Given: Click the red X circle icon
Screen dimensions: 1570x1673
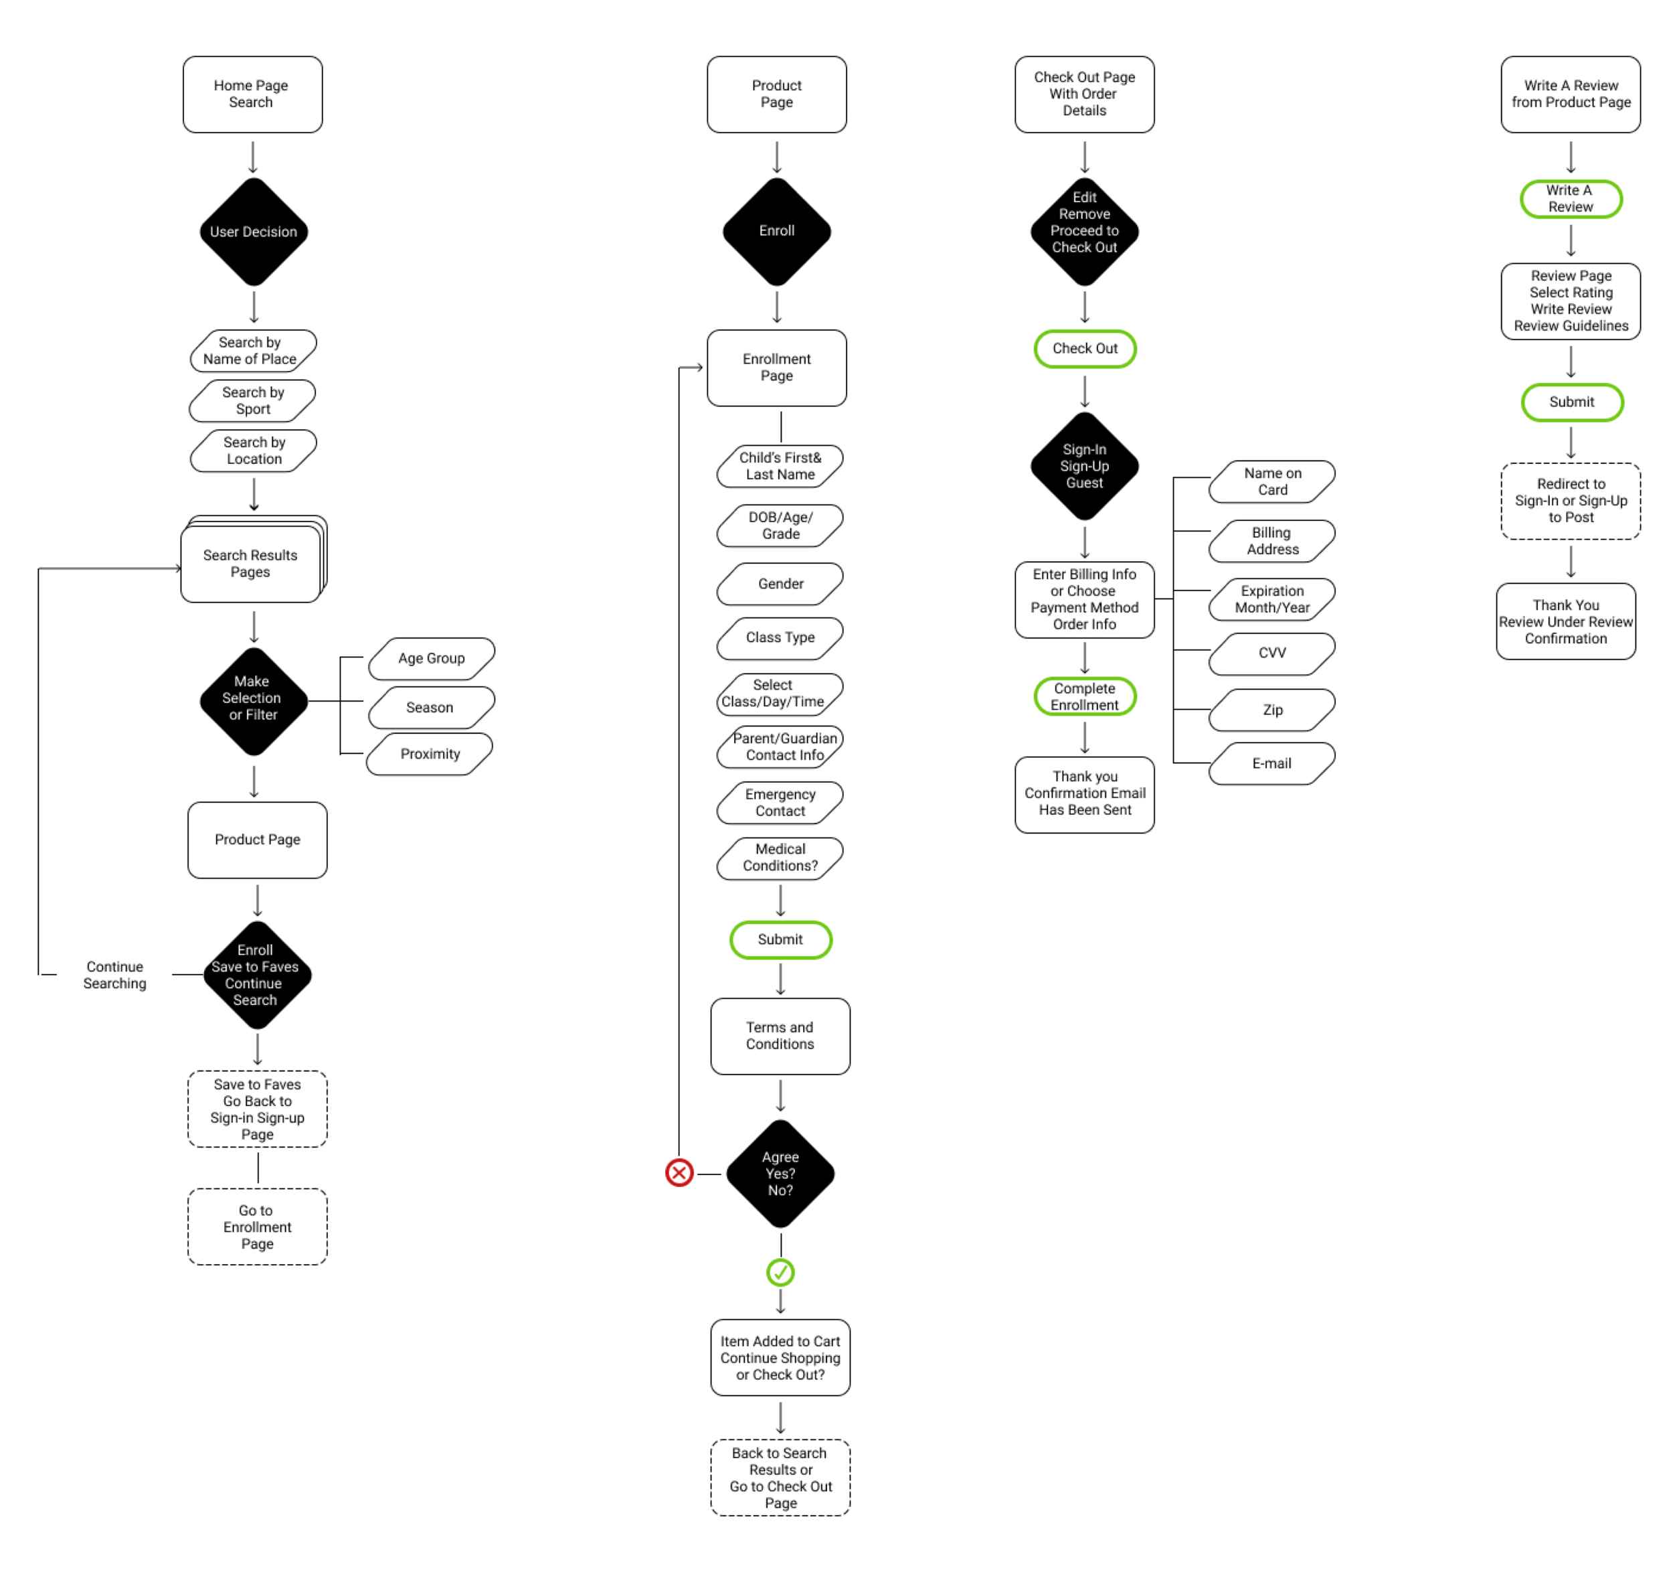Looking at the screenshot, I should [679, 1173].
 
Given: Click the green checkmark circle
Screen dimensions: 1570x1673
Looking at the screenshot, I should [780, 1272].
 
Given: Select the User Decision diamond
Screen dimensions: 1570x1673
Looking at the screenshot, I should [254, 232].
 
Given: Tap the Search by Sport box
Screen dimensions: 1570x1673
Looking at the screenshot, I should [252, 401].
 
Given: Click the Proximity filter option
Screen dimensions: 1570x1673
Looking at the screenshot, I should [430, 753].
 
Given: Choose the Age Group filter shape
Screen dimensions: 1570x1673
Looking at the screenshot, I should [431, 658].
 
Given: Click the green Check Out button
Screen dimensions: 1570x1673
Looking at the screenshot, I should [1085, 349].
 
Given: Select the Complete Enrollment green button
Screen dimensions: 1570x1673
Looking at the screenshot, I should [1085, 696].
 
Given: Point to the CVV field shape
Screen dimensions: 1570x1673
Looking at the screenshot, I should [1271, 653].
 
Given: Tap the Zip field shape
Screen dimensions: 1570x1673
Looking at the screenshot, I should [1271, 710].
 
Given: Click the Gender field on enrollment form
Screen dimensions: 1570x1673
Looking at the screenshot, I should [780, 583].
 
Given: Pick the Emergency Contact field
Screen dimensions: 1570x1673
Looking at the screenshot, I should [780, 802].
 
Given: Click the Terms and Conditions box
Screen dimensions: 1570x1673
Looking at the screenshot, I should [780, 1036].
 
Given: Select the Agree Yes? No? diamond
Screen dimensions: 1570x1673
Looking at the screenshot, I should [780, 1174].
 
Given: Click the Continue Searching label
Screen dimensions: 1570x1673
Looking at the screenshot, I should [114, 975].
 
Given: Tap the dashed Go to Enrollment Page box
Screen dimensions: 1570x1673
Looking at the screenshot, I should [257, 1227].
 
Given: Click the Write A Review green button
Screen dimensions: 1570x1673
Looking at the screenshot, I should [1571, 199].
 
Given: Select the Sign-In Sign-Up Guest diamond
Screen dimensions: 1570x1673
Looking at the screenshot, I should [1085, 467].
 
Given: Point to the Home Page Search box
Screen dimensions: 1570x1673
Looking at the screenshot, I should [252, 94].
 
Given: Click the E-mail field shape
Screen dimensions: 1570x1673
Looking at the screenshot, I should [1271, 763].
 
